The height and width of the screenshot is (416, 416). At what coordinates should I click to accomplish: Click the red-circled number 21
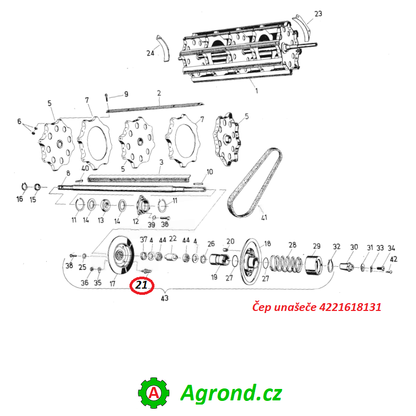[x=141, y=285]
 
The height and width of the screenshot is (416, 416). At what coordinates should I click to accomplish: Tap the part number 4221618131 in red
[x=350, y=307]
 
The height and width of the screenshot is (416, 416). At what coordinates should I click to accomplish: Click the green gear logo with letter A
[x=153, y=393]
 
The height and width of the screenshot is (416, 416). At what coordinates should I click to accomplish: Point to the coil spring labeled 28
[x=285, y=264]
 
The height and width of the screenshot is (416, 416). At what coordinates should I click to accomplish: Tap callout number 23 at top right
[x=318, y=14]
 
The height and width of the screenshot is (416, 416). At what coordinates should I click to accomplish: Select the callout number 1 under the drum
[x=256, y=90]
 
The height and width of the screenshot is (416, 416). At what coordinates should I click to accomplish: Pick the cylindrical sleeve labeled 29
[x=313, y=265]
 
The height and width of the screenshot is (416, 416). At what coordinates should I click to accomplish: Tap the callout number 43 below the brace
[x=164, y=298]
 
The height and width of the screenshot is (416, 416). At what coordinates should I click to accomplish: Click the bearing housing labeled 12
[x=144, y=205]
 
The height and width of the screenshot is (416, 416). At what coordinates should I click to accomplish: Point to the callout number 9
[x=126, y=94]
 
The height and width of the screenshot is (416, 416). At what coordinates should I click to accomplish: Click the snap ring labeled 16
[x=24, y=187]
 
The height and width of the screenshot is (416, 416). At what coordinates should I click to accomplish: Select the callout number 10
[x=210, y=172]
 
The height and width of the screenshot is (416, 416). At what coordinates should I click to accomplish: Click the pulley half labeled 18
[x=250, y=262]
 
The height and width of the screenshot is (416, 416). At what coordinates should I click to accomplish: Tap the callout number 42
[x=394, y=259]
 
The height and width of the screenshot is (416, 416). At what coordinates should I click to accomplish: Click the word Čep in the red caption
[x=262, y=307]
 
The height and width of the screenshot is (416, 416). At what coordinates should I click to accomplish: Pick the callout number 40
[x=85, y=168]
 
